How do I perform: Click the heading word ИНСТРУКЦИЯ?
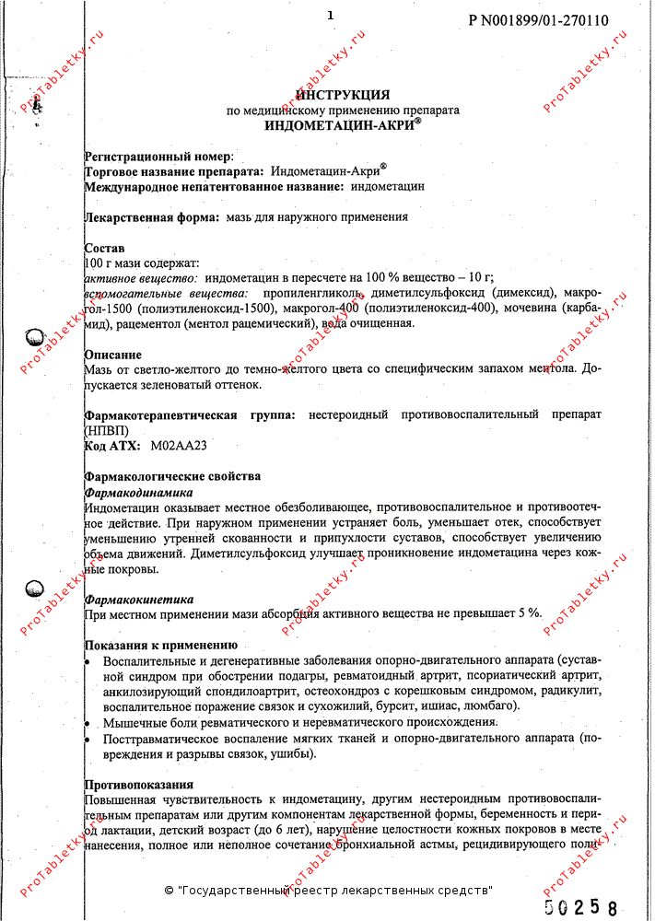(342, 95)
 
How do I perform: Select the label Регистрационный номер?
(158, 157)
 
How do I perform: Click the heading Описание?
(112, 355)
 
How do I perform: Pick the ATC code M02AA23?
(178, 445)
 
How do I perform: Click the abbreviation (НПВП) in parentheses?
(107, 430)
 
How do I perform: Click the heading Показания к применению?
(160, 646)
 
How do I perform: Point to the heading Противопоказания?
(138, 785)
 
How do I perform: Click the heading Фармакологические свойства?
(172, 476)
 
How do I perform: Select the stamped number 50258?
(580, 906)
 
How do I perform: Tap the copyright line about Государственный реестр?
(328, 891)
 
